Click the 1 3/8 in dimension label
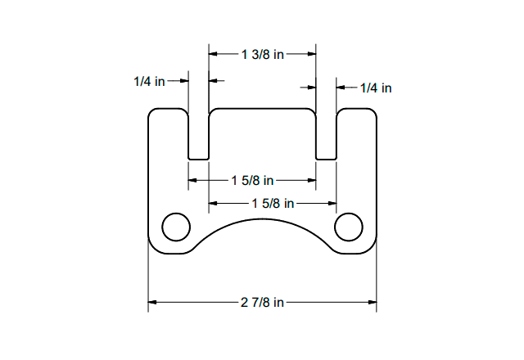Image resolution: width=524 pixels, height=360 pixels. click(263, 54)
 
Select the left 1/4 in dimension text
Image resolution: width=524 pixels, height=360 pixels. click(149, 82)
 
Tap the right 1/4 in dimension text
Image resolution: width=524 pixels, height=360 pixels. click(376, 88)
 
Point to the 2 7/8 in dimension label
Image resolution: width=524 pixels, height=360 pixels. click(263, 303)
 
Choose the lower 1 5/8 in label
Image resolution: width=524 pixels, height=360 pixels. click(273, 203)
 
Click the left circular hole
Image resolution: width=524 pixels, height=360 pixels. click(176, 227)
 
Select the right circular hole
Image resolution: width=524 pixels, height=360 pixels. click(349, 227)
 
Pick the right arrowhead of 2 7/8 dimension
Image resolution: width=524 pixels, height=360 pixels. click(373, 303)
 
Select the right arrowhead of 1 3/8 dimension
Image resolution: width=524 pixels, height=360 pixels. click(312, 54)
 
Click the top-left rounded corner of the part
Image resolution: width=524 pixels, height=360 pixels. click(151, 112)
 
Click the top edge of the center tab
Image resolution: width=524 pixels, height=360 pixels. click(262, 108)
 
